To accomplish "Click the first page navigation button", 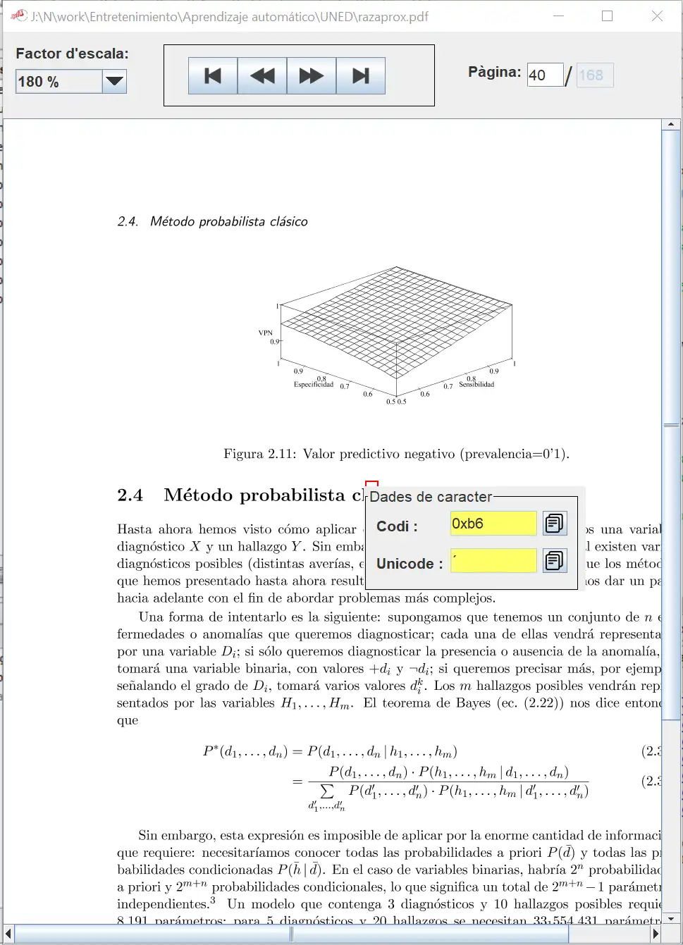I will [213, 76].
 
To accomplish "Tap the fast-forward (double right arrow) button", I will [312, 76].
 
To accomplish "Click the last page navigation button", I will [361, 76].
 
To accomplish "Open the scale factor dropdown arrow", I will [114, 82].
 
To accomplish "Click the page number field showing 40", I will [545, 75].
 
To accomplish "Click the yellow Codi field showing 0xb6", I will [493, 524].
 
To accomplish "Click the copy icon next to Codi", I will [555, 524].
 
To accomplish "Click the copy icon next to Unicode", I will [555, 561].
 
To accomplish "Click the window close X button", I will [657, 16].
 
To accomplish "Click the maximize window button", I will [607, 16].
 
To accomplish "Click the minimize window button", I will [559, 16].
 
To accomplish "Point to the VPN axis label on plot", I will [265, 333].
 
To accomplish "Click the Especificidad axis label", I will [314, 385].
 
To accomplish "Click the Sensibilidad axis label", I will [476, 385].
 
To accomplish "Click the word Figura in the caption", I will [243, 454].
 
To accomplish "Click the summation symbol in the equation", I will [327, 791].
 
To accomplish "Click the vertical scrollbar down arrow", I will [671, 918].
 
